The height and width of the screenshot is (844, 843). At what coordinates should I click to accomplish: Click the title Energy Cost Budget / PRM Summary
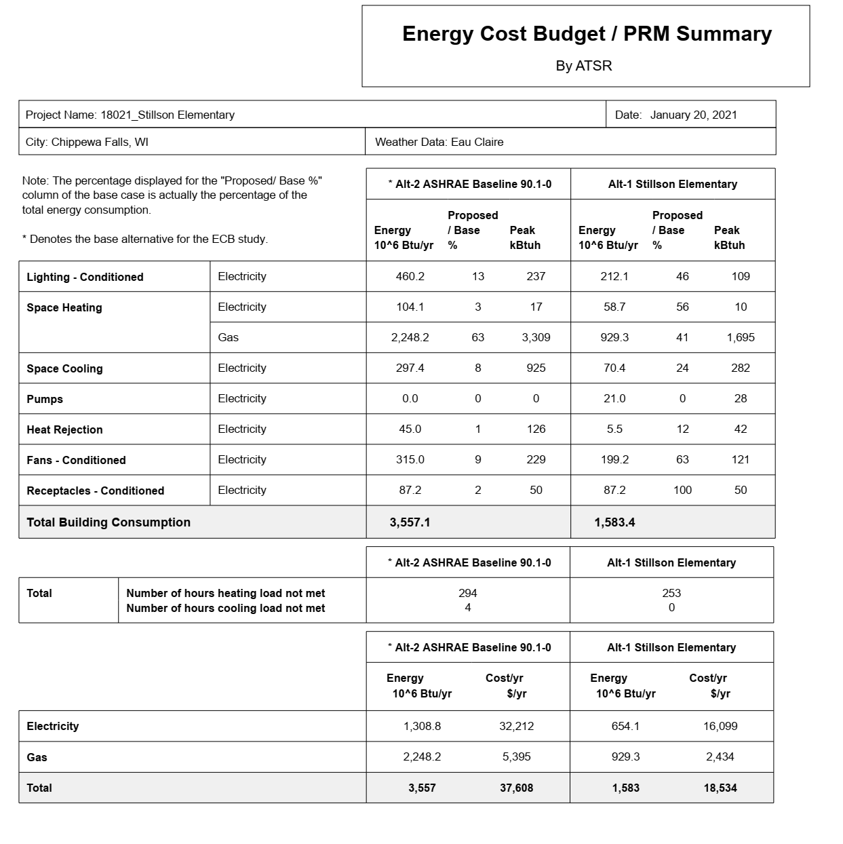click(587, 34)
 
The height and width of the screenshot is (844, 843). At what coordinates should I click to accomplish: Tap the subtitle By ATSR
click(584, 66)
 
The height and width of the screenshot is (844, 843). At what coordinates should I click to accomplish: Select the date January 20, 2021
click(693, 115)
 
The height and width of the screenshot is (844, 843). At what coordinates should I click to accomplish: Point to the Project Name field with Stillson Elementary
click(130, 115)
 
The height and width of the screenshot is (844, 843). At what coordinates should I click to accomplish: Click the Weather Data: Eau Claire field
click(439, 142)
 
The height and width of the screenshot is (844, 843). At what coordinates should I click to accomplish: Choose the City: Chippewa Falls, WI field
click(87, 142)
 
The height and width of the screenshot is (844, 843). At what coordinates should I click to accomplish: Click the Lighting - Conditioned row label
click(85, 277)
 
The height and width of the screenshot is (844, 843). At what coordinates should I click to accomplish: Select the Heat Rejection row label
click(64, 429)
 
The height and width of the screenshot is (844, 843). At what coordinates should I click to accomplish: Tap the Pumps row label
click(45, 399)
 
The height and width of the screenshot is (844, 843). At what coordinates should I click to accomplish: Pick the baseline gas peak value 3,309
click(536, 337)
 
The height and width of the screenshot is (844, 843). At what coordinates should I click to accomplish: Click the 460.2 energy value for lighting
click(410, 276)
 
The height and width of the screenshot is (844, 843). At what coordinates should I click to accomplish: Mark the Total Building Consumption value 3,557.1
click(410, 522)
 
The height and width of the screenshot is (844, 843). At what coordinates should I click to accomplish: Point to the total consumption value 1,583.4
click(614, 522)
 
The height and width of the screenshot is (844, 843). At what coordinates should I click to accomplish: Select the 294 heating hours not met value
click(467, 593)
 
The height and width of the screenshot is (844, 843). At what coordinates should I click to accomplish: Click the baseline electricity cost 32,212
click(516, 726)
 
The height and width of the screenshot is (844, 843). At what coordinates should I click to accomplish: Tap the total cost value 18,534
click(720, 788)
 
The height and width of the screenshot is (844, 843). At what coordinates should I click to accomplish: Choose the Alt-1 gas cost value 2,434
click(720, 756)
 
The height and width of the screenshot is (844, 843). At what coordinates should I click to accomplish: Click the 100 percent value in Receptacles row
click(682, 490)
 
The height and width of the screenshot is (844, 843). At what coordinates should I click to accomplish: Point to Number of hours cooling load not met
click(225, 609)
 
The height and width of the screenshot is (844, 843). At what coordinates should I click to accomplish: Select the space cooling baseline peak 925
click(536, 368)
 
